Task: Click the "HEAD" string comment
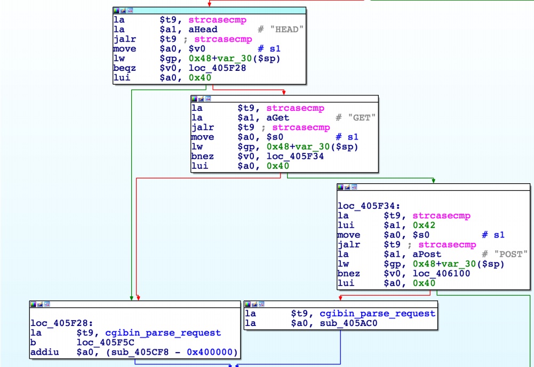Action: tap(286, 30)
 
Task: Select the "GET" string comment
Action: tap(362, 118)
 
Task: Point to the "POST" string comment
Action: tap(511, 255)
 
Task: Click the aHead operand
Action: tap(203, 30)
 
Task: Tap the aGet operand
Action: tap(277, 118)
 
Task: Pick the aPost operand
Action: tap(427, 255)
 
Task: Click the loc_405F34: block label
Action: tap(369, 206)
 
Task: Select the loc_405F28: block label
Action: tap(62, 323)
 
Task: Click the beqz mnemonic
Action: tap(124, 68)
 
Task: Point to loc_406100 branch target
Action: tap(441, 274)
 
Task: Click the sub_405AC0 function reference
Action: tap(348, 323)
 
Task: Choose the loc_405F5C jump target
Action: tap(106, 342)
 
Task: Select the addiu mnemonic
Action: tap(45, 352)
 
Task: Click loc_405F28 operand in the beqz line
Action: tap(217, 68)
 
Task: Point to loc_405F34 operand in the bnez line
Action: tap(295, 157)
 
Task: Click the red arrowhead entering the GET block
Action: tap(284, 93)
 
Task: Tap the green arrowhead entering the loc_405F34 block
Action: tap(433, 181)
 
